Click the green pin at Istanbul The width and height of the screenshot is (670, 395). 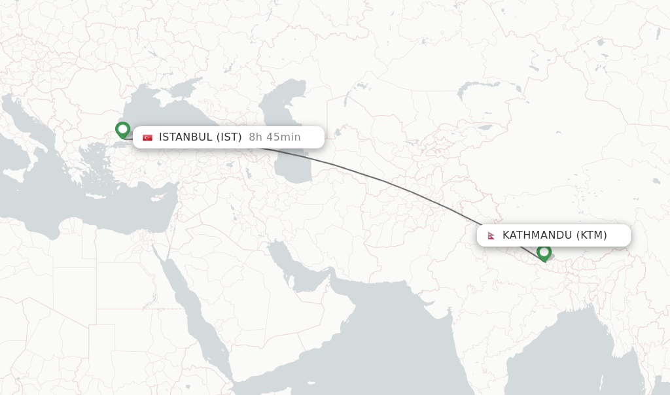(122, 130)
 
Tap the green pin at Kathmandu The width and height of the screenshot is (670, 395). (544, 252)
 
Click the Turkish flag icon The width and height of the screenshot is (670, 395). (148, 137)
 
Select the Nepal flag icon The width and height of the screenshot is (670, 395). (491, 235)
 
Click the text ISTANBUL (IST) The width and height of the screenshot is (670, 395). (200, 137)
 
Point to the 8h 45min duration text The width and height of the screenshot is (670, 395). (275, 137)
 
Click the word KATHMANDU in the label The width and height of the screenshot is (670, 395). (537, 235)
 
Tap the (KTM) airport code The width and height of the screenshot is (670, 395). (591, 235)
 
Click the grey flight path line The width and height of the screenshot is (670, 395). (393, 182)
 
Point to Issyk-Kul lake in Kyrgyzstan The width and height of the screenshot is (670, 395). (485, 127)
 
